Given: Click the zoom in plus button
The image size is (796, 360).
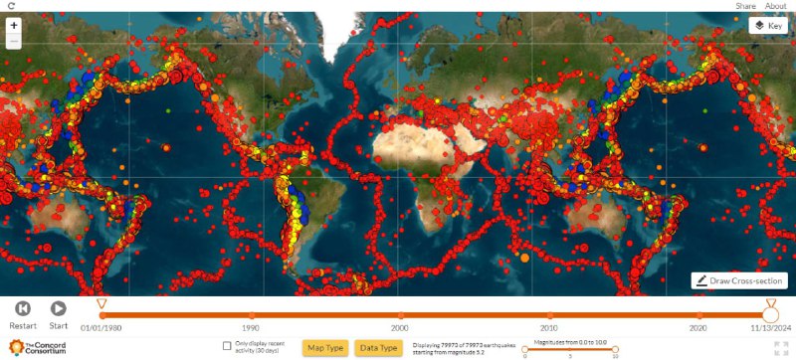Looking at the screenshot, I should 14,24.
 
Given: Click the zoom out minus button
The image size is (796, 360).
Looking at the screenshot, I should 14,42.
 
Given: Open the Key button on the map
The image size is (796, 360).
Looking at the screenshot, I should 767,26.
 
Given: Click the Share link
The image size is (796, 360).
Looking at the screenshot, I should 745,6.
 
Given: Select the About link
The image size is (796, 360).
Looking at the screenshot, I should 775,6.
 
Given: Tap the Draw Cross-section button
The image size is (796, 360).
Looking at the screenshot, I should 740,281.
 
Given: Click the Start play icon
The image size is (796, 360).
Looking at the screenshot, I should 59,309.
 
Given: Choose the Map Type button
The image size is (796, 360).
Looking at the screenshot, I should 325,347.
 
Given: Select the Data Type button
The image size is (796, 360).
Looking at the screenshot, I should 378,347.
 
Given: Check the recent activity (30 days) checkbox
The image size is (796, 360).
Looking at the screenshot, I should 228,346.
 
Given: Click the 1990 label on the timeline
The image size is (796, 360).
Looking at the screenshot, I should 251,327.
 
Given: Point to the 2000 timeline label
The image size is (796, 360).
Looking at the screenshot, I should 399,327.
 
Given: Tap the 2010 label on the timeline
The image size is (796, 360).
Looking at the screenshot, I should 548,327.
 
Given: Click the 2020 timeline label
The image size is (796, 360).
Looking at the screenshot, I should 697,327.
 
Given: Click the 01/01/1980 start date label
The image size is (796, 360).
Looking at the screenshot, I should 100,327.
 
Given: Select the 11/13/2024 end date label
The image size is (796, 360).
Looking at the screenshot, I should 770,327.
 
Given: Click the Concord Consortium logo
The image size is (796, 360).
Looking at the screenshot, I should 38,348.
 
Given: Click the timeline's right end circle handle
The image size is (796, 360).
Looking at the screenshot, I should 770,313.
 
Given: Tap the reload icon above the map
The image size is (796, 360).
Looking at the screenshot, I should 10,6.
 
